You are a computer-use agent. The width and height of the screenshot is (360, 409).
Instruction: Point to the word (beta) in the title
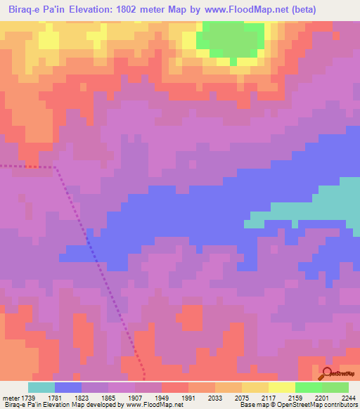(x=303, y=10)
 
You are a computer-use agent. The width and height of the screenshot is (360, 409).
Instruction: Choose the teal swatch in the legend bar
(x=41, y=387)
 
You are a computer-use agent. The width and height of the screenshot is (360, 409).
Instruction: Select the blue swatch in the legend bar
(x=68, y=387)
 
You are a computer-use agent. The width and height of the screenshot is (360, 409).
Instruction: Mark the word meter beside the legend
(x=11, y=398)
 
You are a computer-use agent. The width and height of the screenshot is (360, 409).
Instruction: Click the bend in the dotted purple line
(x=55, y=168)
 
